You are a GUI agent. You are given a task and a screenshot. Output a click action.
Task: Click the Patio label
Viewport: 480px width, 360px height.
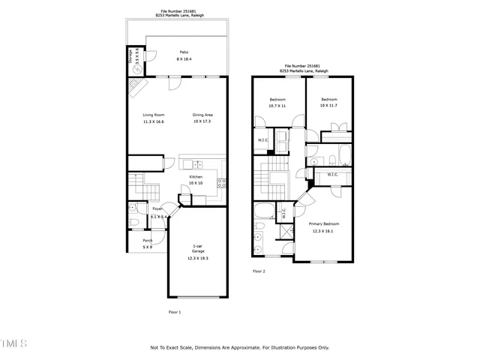pyautogui.click(x=183, y=52)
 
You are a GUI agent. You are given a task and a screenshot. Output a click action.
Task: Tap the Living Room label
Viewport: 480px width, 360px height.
pyautogui.click(x=154, y=115)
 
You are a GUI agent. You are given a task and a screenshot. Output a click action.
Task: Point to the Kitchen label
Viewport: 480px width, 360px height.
pyautogui.click(x=196, y=177)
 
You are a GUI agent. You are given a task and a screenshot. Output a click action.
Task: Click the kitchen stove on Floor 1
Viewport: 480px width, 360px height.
pyautogui.click(x=222, y=181)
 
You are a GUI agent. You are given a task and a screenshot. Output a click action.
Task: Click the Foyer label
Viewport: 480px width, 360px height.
pyautogui.click(x=158, y=209)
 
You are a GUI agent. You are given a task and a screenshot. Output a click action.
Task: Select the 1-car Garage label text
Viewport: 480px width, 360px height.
pyautogui.click(x=198, y=248)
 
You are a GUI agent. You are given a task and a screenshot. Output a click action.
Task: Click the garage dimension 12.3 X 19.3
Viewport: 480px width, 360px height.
pyautogui.click(x=198, y=259)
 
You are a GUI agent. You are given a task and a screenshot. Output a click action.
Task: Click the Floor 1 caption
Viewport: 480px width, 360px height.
pyautogui.click(x=174, y=311)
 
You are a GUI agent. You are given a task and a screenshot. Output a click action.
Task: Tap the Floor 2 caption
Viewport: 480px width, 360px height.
pyautogui.click(x=259, y=271)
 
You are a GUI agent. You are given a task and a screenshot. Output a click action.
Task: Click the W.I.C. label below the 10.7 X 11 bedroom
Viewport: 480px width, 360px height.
pyautogui.click(x=263, y=140)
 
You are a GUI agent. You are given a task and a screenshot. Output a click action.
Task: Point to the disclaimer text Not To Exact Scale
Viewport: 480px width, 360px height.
pyautogui.click(x=239, y=347)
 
